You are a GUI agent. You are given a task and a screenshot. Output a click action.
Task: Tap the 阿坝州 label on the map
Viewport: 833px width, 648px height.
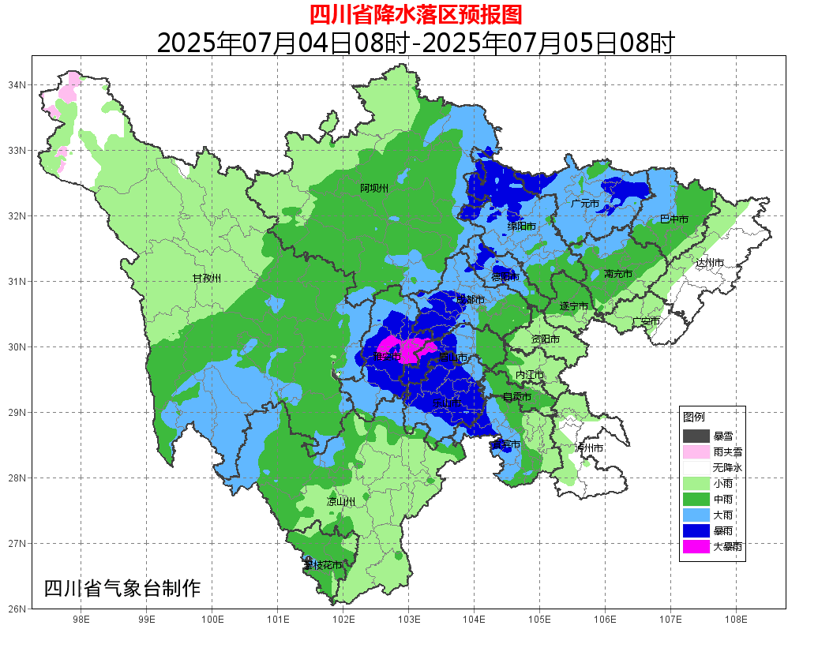click(x=374, y=189)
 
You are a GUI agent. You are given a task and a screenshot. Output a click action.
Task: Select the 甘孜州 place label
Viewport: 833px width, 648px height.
click(x=207, y=279)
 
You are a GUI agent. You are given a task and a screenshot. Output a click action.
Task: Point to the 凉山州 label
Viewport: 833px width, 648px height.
click(x=341, y=502)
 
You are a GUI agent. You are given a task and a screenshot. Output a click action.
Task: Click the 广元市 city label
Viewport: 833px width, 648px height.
click(x=585, y=204)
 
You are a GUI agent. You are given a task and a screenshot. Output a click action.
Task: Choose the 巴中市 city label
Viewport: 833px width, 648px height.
click(x=674, y=219)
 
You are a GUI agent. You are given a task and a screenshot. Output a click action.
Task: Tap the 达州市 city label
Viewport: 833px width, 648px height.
click(x=710, y=263)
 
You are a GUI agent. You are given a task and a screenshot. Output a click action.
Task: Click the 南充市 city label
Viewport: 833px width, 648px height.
click(x=618, y=274)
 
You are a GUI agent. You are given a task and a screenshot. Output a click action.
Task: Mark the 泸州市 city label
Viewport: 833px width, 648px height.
click(x=589, y=448)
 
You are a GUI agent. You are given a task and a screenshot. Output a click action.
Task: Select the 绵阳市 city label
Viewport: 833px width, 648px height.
click(x=521, y=227)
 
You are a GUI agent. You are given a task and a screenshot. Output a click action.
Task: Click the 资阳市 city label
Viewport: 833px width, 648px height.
click(x=545, y=339)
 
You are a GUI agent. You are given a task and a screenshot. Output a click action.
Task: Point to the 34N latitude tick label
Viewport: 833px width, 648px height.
click(x=17, y=84)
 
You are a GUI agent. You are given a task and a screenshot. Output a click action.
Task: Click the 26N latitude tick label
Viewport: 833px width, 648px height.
click(x=17, y=609)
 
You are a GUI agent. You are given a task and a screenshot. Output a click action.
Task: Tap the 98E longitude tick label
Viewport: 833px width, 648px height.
click(x=81, y=620)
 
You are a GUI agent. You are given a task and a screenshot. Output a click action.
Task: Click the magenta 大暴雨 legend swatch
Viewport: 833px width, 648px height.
click(x=696, y=546)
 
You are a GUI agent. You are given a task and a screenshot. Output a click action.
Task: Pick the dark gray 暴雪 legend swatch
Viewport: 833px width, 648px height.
click(x=696, y=436)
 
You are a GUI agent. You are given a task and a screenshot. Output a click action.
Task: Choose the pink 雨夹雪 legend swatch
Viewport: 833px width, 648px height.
click(x=696, y=452)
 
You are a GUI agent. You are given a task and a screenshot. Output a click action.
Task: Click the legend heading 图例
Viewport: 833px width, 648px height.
click(x=694, y=417)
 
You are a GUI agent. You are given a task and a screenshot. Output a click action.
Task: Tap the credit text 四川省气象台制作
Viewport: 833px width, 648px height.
click(x=122, y=589)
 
